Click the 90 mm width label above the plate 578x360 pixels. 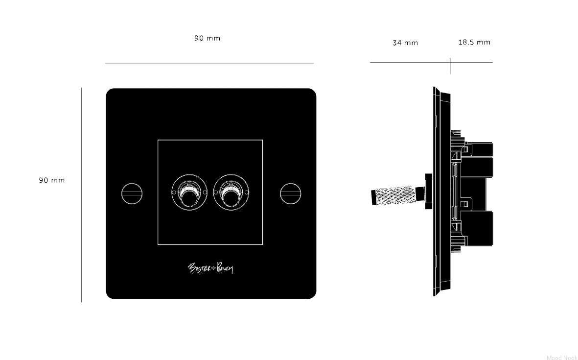[x=207, y=38]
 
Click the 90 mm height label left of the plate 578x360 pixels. [x=52, y=180]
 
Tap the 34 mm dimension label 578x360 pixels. [x=405, y=43]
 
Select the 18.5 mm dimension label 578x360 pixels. [x=474, y=42]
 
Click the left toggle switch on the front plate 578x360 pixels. [x=189, y=192]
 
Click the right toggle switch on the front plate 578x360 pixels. [x=231, y=192]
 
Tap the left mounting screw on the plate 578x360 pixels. [x=132, y=193]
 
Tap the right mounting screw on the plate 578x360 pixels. [x=291, y=193]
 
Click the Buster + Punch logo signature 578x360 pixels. [x=210, y=268]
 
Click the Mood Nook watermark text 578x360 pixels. [x=562, y=357]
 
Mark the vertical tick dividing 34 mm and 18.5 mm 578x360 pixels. [x=450, y=66]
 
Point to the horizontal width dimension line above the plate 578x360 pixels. [x=209, y=63]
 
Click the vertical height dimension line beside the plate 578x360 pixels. [x=81, y=195]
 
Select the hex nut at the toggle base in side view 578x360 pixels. [x=429, y=192]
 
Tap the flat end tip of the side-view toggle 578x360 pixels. [x=372, y=198]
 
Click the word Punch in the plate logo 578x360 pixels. [x=225, y=268]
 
